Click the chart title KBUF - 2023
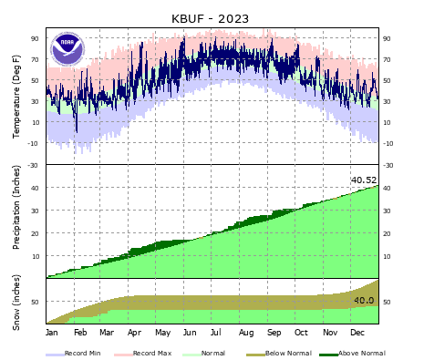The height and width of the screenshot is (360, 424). point(210,18)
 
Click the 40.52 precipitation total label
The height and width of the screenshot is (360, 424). point(364,180)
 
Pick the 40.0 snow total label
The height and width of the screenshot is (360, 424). point(364,300)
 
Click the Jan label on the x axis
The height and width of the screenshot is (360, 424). point(52,334)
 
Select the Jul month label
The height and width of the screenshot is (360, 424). point(218,334)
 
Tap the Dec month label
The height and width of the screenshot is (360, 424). point(357,334)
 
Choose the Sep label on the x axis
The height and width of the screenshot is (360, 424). point(274,334)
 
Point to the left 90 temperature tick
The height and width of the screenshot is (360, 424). point(36,38)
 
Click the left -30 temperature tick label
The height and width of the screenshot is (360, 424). point(34,165)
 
